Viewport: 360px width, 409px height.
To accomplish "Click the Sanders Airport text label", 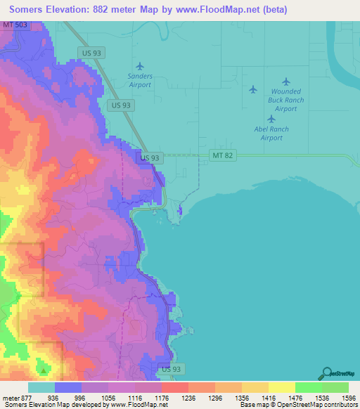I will point(140,79).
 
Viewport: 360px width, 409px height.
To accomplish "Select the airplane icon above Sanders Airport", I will point(139,66).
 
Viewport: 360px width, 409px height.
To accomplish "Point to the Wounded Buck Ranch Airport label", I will point(285,100).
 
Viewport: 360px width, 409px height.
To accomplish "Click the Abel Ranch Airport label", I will point(271,133).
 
